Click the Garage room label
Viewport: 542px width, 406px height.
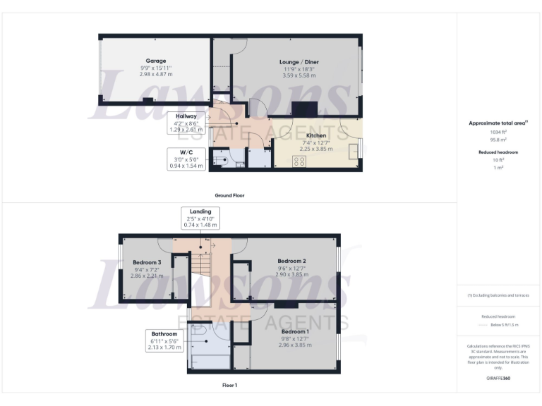pos(155,61)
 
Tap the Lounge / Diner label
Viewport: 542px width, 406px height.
pos(299,62)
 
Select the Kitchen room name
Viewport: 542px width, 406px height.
pos(315,135)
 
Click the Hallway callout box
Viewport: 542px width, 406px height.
pos(186,123)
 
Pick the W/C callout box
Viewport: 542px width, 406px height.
pos(186,159)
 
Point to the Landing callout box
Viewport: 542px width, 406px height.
pos(200,217)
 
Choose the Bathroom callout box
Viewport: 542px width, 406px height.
pos(164,341)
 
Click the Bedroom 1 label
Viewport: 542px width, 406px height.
pos(295,331)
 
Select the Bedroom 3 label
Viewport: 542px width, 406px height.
pos(147,262)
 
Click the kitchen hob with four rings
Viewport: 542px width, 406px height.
pos(299,161)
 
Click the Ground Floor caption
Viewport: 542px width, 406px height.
pos(229,195)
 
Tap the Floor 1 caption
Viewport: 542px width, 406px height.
pos(229,386)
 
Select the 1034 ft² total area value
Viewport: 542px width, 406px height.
pos(498,131)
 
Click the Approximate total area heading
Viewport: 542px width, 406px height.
pos(498,123)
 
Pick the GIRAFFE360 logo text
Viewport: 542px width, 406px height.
pos(498,379)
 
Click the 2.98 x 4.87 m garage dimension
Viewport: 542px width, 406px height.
pos(155,74)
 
